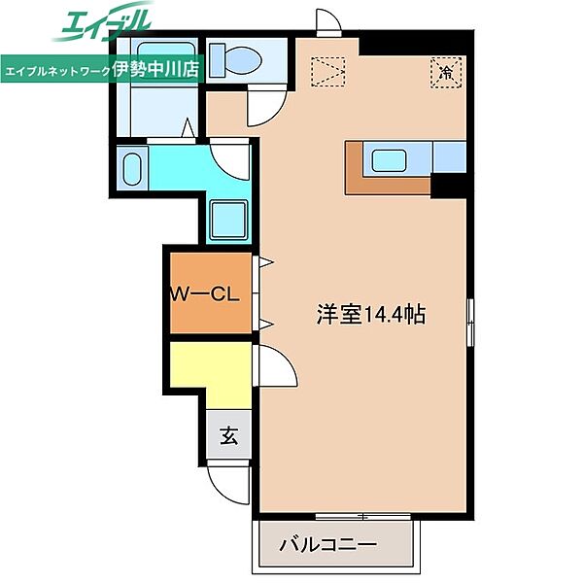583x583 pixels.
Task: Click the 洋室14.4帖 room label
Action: coord(371,315)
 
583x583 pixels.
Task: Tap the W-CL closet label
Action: coord(205,294)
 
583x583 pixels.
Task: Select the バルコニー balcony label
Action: coord(328,545)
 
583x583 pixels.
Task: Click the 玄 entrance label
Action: coord(229,435)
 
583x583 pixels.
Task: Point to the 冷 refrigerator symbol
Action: coord(446,73)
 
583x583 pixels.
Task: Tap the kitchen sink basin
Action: coord(389,160)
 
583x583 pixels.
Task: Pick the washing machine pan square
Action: coord(228,221)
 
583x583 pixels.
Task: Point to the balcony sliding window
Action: coord(362,517)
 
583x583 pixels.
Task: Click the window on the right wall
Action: coord(470,322)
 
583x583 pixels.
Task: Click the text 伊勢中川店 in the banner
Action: coord(155,69)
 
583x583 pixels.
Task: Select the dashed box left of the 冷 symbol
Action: coord(328,72)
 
